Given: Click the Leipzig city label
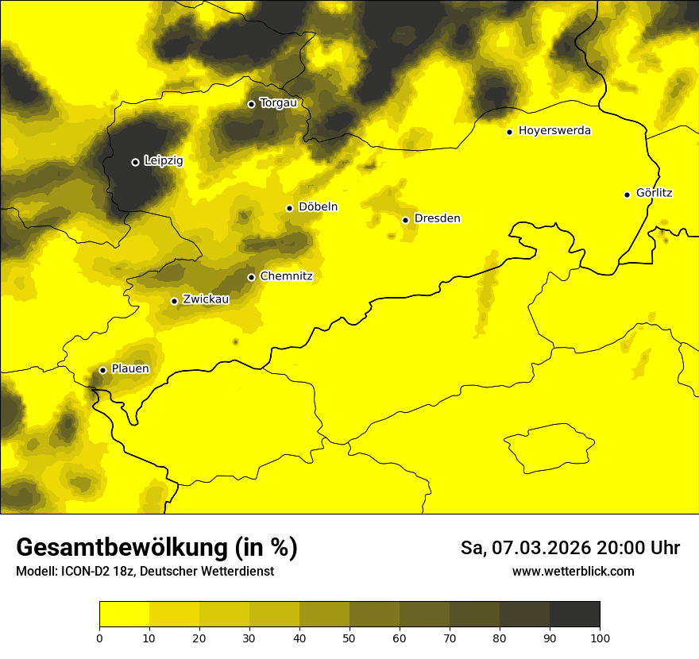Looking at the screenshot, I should pos(164,161).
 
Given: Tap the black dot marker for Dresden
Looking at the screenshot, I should pos(405,220).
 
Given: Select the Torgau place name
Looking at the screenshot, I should pos(278,103).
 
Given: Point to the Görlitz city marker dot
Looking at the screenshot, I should pos(627,195).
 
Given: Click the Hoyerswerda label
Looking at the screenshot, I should pos(554,131).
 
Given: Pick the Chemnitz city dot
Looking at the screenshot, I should pos(251,277).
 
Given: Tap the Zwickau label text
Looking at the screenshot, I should pos(206,299).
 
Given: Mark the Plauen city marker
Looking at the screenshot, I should pos(102,370).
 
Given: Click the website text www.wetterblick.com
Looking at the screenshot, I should pos(573,571).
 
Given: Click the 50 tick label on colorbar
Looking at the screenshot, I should pos(349,638).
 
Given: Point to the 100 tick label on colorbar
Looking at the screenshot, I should pos(600,638).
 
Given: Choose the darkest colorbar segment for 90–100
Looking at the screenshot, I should pos(574,615).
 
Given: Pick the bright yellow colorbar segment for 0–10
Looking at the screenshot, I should pos(124,615).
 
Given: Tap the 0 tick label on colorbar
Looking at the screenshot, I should pos(99,638).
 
